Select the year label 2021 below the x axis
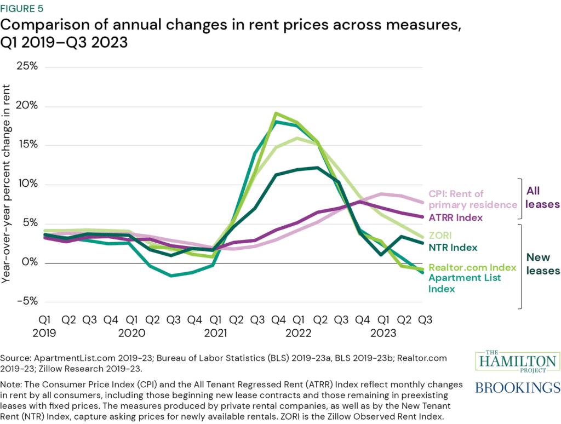(x=216, y=333)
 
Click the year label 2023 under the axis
(x=384, y=333)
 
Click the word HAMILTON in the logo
(x=518, y=362)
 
